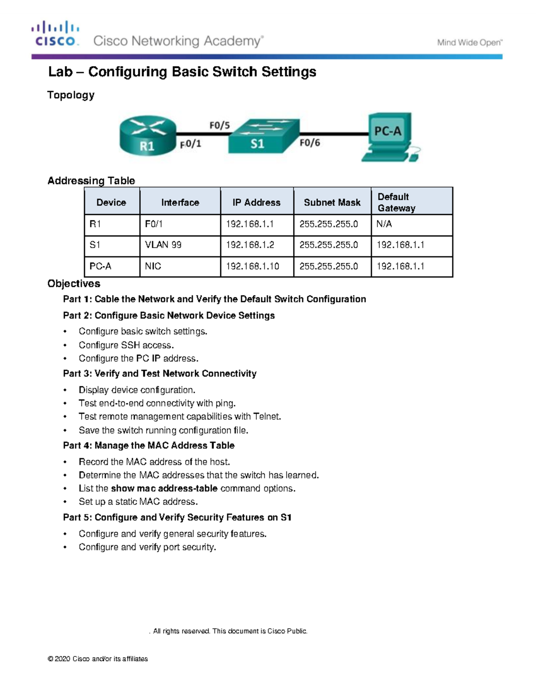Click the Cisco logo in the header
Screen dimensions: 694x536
(55, 34)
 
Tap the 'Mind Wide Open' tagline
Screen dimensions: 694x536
(469, 43)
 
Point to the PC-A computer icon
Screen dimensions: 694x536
(389, 137)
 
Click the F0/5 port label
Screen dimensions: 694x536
(219, 126)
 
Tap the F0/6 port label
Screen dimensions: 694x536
(310, 143)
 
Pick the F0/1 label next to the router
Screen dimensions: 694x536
(191, 144)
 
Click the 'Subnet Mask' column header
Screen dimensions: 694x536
(332, 202)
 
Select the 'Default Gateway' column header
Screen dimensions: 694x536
(396, 202)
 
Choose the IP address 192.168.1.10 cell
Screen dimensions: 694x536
(252, 266)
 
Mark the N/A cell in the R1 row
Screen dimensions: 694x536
(384, 224)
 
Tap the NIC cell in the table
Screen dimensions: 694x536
(153, 266)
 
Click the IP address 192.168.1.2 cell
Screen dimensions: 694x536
(250, 245)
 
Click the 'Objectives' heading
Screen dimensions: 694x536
(74, 284)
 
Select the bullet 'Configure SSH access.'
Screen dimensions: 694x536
(126, 345)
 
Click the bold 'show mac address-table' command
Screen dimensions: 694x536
(164, 488)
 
